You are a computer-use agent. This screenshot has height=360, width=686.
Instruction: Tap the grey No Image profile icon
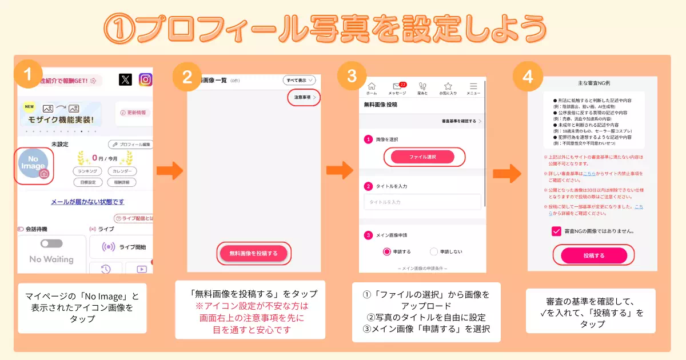point(34,166)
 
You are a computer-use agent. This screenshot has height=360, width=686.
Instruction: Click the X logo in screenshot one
point(125,79)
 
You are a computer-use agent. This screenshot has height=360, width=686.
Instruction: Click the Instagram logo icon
point(146,79)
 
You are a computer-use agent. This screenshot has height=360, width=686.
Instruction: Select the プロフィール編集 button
point(130,145)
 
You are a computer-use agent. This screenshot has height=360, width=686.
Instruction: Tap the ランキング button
point(87,171)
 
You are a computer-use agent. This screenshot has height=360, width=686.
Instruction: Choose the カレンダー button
point(121,171)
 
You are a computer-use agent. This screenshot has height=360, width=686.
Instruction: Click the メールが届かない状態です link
point(87,202)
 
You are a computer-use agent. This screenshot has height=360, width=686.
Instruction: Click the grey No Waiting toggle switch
point(51,243)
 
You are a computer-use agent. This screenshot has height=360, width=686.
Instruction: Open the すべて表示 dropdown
point(299,81)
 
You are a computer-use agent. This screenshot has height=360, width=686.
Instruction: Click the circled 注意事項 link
point(304,98)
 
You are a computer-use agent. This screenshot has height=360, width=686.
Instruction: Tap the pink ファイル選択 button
point(422,157)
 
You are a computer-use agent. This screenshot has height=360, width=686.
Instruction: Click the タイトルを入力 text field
point(422,202)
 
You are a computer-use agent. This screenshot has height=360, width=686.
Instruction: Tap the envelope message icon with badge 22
point(397,86)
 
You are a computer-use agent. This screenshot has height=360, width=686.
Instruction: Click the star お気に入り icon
point(448,86)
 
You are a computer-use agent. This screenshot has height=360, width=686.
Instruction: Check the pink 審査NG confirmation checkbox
point(556,231)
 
